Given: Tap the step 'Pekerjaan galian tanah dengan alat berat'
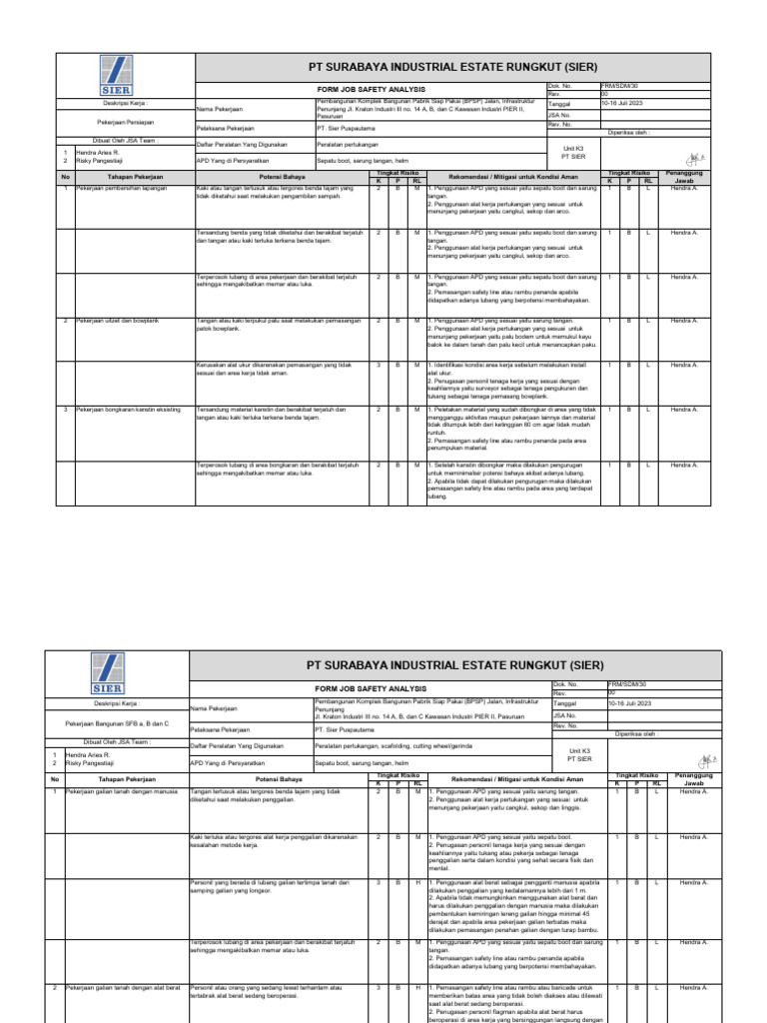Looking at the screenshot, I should [x=125, y=986].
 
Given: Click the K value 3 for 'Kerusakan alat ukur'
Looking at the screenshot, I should [x=379, y=365].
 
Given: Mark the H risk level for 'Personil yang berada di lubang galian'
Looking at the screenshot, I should [x=416, y=882].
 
